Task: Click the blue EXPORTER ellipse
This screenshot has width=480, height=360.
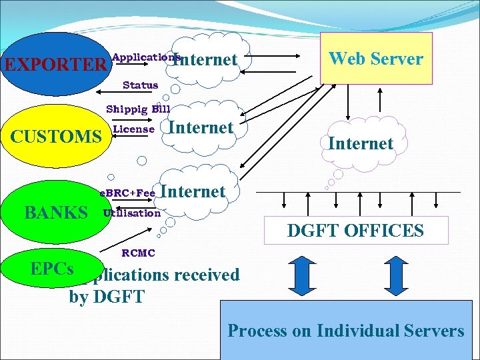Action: click(x=53, y=64)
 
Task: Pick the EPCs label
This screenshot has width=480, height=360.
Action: click(x=52, y=268)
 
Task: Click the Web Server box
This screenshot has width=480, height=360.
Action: click(x=376, y=59)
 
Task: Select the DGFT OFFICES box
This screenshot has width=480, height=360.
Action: click(x=355, y=231)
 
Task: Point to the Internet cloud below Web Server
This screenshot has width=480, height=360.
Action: click(x=360, y=143)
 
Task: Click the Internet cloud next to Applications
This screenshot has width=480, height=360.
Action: click(x=205, y=60)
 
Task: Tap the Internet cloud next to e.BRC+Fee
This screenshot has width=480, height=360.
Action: click(x=193, y=192)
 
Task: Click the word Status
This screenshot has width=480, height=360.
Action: click(x=140, y=85)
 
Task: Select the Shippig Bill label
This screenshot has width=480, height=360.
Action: click(x=138, y=109)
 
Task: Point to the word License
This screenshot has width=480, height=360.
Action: click(x=134, y=129)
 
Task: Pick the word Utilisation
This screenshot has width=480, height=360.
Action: click(x=132, y=213)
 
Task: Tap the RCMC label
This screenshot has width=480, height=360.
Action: click(x=138, y=253)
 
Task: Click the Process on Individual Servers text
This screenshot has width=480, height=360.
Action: click(x=346, y=331)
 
